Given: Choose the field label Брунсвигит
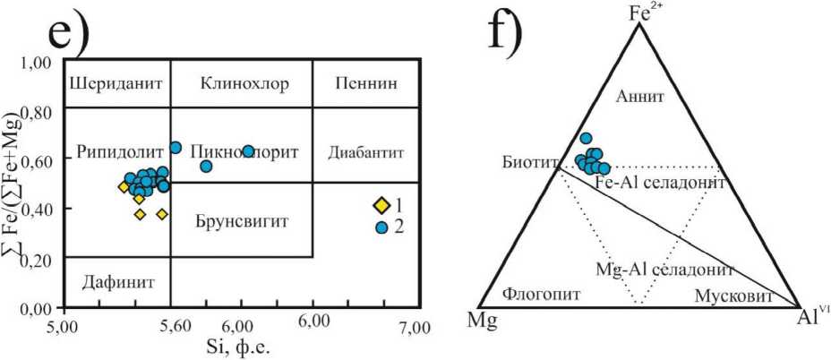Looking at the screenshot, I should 240,219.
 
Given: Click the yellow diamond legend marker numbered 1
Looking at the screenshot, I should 381,205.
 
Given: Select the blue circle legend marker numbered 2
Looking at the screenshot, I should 381,227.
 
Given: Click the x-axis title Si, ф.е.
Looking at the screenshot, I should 241,347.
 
